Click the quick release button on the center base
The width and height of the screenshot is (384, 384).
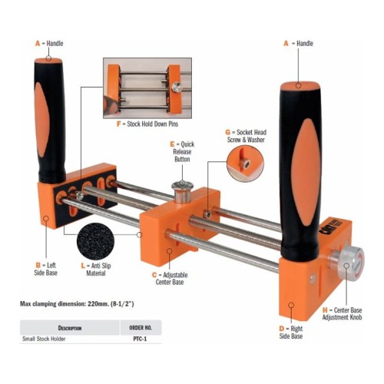click(182, 191)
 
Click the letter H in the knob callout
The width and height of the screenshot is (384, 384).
click(325, 310)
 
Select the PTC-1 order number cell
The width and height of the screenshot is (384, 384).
click(140, 339)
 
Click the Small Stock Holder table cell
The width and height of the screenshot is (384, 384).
click(44, 339)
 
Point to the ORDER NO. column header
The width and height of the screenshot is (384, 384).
click(141, 328)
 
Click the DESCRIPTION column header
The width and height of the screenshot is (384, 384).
click(70, 328)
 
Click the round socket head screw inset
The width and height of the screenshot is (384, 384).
click(245, 164)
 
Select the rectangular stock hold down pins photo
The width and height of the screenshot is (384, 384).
click(147, 88)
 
